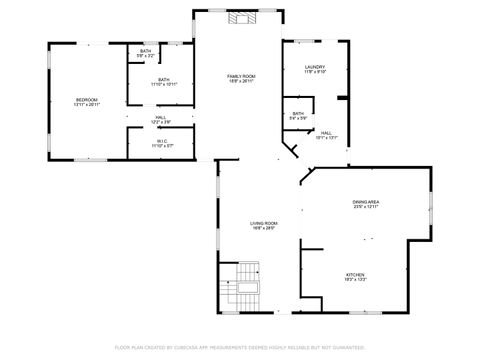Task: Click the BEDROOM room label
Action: [87, 99]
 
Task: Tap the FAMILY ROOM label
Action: [241, 76]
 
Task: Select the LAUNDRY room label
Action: [315, 67]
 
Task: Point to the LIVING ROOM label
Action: [263, 223]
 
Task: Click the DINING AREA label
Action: [365, 202]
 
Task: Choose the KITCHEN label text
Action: [357, 274]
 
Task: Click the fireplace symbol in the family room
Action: [241, 17]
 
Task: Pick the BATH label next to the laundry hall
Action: [298, 113]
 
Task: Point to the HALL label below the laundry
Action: [326, 132]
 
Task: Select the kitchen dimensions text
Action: [357, 280]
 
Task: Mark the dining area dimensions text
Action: [365, 208]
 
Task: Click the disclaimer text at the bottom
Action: [240, 347]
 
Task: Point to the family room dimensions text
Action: [241, 82]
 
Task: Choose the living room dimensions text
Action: [263, 229]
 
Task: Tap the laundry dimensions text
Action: [315, 73]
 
